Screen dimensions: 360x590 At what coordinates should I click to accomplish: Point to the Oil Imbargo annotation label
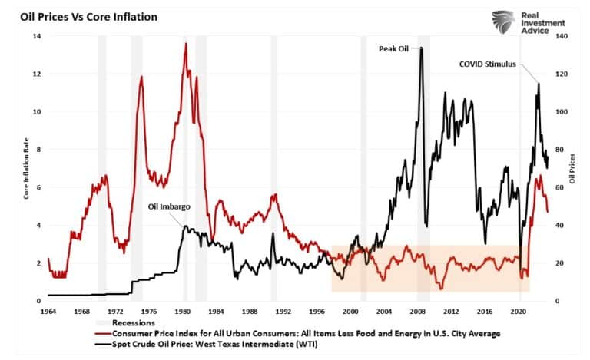170,206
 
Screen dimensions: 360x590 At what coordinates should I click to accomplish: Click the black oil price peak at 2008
421,48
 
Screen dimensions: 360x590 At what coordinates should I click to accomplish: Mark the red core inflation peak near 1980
185,45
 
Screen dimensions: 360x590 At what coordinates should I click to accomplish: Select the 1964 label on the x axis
48,312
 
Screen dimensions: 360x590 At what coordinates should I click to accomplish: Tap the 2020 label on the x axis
518,312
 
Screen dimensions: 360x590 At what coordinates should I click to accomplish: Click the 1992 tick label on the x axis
283,312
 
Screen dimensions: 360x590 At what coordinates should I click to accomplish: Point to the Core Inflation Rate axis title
26,169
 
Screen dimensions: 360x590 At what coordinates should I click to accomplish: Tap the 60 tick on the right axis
562,187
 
